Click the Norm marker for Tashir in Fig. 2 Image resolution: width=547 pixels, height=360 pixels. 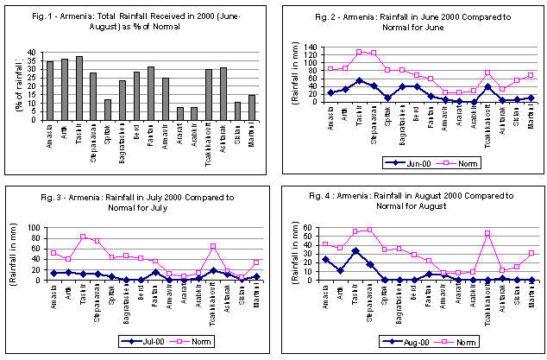pos(359,52)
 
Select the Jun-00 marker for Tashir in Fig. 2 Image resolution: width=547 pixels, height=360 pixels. pos(359,80)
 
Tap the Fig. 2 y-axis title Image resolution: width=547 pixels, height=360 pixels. pos(294,75)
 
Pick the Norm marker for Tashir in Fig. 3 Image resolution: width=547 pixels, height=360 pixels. pos(83,237)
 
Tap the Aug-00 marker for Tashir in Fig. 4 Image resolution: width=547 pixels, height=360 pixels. pos(355,251)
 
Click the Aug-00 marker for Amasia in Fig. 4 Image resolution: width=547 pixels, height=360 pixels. pos(325,259)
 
